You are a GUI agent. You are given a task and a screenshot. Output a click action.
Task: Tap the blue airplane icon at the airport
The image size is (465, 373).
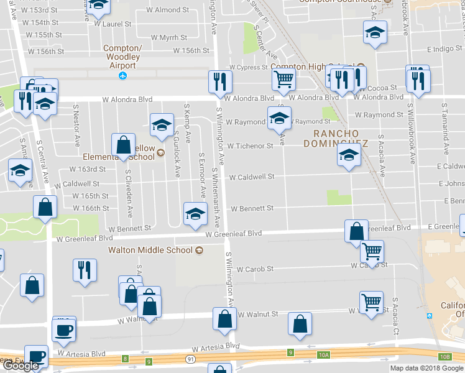[122, 76]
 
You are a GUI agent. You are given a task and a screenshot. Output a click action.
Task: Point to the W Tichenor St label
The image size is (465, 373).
[250, 146]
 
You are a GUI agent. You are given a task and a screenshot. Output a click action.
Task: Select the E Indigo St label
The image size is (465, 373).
[444, 48]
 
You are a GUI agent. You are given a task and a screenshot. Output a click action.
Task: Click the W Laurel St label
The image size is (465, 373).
[113, 24]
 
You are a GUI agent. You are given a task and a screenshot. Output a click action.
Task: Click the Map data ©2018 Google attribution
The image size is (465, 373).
[426, 368]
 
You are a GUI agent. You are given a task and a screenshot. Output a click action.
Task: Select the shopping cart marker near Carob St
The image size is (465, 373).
[371, 252]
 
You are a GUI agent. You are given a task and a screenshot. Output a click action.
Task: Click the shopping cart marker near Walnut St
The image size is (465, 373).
[371, 303]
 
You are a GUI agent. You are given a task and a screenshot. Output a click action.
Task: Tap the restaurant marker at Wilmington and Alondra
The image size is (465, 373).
[220, 81]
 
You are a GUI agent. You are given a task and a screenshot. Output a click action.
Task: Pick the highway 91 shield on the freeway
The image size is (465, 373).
[188, 359]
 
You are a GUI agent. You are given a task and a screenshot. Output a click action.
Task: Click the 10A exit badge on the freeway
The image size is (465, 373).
[323, 355]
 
